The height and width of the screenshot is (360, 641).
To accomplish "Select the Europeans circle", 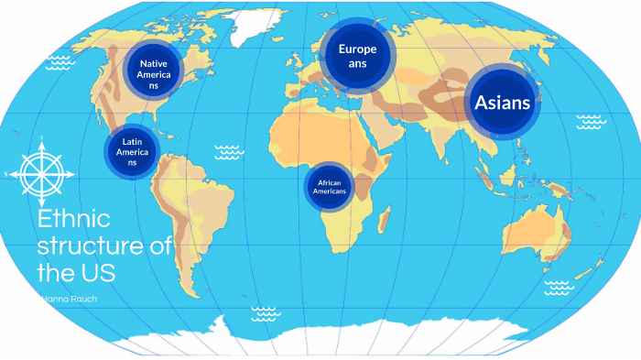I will (x=356, y=57).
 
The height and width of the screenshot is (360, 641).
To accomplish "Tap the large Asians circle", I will (x=502, y=103).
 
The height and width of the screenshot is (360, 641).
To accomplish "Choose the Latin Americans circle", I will (x=132, y=150).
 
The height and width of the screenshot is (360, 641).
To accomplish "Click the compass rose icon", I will (x=42, y=172).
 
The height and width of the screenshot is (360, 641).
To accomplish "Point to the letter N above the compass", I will (x=42, y=138).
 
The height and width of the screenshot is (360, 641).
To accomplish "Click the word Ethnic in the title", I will (x=73, y=221).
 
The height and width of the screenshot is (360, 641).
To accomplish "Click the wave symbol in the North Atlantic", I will (x=228, y=151).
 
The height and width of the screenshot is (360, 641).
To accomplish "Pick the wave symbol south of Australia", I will (x=558, y=288).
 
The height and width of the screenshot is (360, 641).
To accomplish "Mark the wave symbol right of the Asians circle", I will (x=591, y=120).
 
